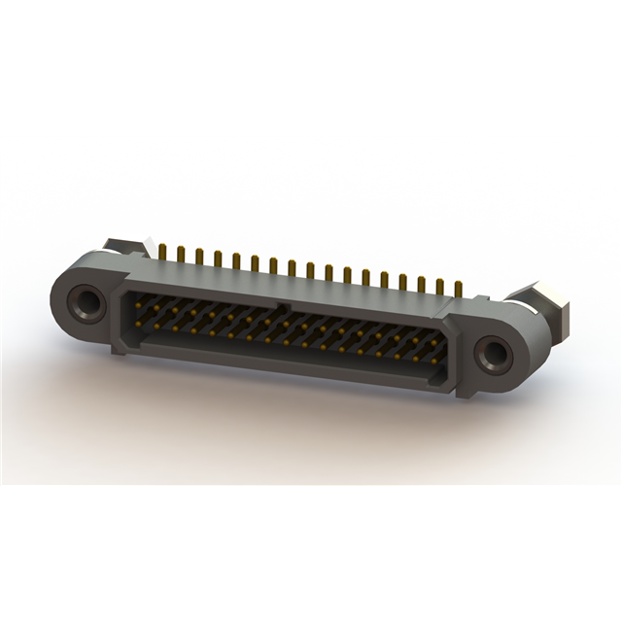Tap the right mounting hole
pos(497,354)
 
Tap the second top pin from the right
pos(439,287)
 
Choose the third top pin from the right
pos(421,284)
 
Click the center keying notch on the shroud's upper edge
pos(282,307)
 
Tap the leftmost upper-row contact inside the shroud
pos(139,305)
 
